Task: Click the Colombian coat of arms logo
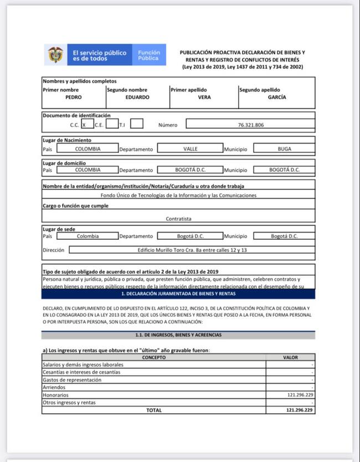pyautogui.click(x=55, y=55)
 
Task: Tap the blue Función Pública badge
pyautogui.click(x=148, y=55)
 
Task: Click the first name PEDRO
pyautogui.click(x=73, y=97)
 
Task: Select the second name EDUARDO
pyautogui.click(x=137, y=97)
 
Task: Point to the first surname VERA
pyautogui.click(x=204, y=97)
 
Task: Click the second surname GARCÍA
pyautogui.click(x=276, y=97)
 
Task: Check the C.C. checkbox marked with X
pyautogui.click(x=84, y=125)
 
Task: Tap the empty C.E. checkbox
pyautogui.click(x=112, y=124)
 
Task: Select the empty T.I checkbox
pyautogui.click(x=137, y=124)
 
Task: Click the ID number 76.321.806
pyautogui.click(x=250, y=125)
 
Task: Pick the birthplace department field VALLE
pyautogui.click(x=190, y=148)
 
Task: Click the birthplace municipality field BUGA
pyautogui.click(x=284, y=148)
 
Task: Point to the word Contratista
pyautogui.click(x=178, y=219)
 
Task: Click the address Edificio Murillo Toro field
pyautogui.click(x=192, y=250)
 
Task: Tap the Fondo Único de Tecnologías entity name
pyautogui.click(x=178, y=196)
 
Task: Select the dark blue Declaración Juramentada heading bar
pyautogui.click(x=178, y=294)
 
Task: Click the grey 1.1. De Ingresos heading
pyautogui.click(x=178, y=335)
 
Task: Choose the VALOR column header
pyautogui.click(x=290, y=357)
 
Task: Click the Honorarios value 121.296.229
pyautogui.click(x=300, y=395)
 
